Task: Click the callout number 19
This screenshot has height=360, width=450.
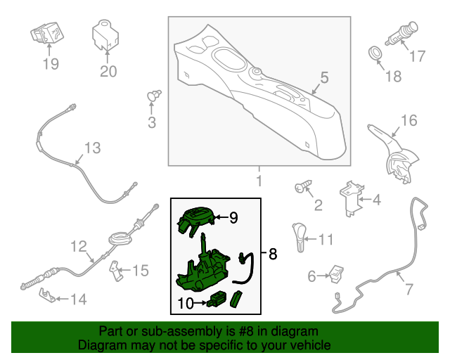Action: (x=51, y=64)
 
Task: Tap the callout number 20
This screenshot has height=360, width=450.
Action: (x=108, y=72)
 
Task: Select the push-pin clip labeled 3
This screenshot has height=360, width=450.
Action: (x=154, y=96)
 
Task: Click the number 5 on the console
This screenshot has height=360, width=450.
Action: (x=324, y=77)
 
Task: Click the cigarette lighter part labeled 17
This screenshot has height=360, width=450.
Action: (x=402, y=33)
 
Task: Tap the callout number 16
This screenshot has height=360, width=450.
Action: (x=409, y=120)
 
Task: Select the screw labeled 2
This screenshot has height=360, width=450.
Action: (x=303, y=186)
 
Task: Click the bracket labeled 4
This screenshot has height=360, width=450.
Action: (x=352, y=199)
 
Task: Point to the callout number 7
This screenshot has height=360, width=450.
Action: (x=409, y=289)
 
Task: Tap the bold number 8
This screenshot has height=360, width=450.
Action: (x=273, y=254)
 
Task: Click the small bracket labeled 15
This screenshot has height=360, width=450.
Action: (x=116, y=271)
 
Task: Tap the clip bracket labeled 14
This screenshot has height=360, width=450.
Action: (x=47, y=295)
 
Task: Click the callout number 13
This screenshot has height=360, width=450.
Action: (x=92, y=148)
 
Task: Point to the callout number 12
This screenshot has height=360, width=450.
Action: (x=79, y=246)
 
